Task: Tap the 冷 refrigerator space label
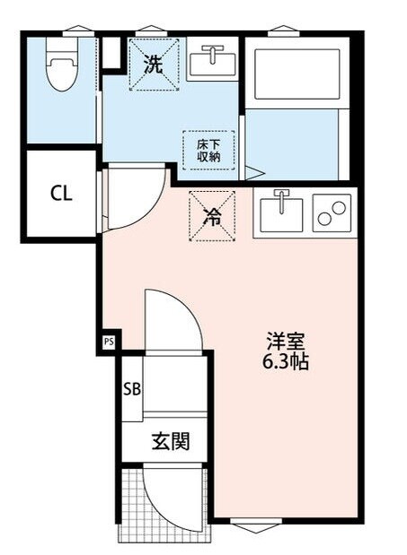click(x=212, y=215)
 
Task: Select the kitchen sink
click(x=281, y=212)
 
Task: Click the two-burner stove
click(x=331, y=213)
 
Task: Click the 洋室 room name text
click(x=287, y=342)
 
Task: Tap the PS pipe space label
click(x=109, y=342)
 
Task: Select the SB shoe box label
click(x=132, y=389)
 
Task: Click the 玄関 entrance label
click(x=170, y=441)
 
